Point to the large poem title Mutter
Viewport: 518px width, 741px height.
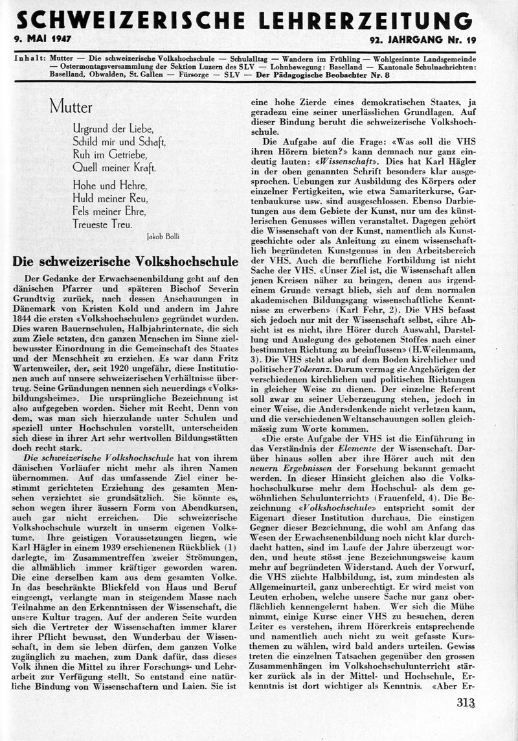tap(71, 107)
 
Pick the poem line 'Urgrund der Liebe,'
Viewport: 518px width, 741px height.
tap(110, 128)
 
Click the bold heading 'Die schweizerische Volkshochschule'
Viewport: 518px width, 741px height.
tap(125, 262)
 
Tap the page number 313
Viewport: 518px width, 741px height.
tap(466, 701)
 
